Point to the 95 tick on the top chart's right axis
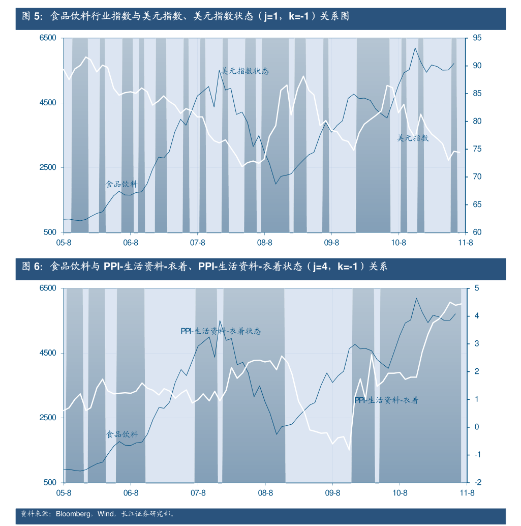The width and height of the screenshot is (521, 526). [x=477, y=38]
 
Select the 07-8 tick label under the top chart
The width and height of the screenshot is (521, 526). [x=197, y=243]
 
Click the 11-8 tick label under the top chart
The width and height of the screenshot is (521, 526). [x=465, y=243]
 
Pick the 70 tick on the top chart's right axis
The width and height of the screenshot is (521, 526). [x=477, y=177]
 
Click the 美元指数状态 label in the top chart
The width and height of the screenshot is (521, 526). [x=244, y=71]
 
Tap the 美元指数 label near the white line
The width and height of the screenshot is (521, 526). [x=413, y=138]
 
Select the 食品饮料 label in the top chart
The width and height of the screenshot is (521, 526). [x=121, y=184]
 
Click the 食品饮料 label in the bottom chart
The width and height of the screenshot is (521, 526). [x=122, y=434]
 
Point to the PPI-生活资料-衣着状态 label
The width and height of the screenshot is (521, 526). [x=221, y=331]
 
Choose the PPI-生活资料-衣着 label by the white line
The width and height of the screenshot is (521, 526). [x=386, y=400]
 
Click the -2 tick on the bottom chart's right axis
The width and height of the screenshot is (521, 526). [x=476, y=482]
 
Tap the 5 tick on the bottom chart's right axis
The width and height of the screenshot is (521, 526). [x=477, y=288]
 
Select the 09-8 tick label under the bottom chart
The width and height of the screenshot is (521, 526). [x=332, y=493]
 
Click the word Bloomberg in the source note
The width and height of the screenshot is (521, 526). [x=73, y=514]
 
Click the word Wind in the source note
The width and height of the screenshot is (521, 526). [x=106, y=514]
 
